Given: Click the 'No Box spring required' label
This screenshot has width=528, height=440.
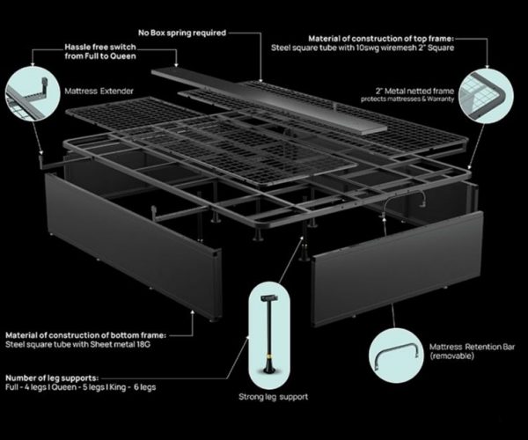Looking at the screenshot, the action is [182, 33].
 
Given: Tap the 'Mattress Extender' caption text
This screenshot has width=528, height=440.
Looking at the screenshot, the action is [99, 92].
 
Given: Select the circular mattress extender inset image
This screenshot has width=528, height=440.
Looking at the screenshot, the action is [33, 93].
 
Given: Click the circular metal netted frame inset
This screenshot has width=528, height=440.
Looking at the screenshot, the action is [486, 96].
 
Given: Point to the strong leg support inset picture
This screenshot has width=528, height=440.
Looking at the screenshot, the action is [268, 335].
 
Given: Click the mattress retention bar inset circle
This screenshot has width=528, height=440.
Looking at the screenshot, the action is [396, 356].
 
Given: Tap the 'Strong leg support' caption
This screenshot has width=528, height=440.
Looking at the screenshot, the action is [273, 397].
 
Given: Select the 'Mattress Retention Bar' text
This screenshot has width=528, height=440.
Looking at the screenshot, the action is [472, 347].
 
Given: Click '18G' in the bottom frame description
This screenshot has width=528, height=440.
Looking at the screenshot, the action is [143, 344].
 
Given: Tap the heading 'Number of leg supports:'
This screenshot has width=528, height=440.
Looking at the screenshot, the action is [52, 378].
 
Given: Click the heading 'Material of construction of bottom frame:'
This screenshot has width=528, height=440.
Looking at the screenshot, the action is [86, 335].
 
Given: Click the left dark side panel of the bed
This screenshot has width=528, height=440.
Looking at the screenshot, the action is [134, 246].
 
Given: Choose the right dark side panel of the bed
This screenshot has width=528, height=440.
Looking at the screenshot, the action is [398, 269].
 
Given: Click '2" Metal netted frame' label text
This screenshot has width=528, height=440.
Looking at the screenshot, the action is [414, 91].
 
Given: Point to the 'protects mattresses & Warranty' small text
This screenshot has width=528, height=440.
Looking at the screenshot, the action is [407, 99].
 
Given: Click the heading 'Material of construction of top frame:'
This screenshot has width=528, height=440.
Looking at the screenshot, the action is [381, 39].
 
